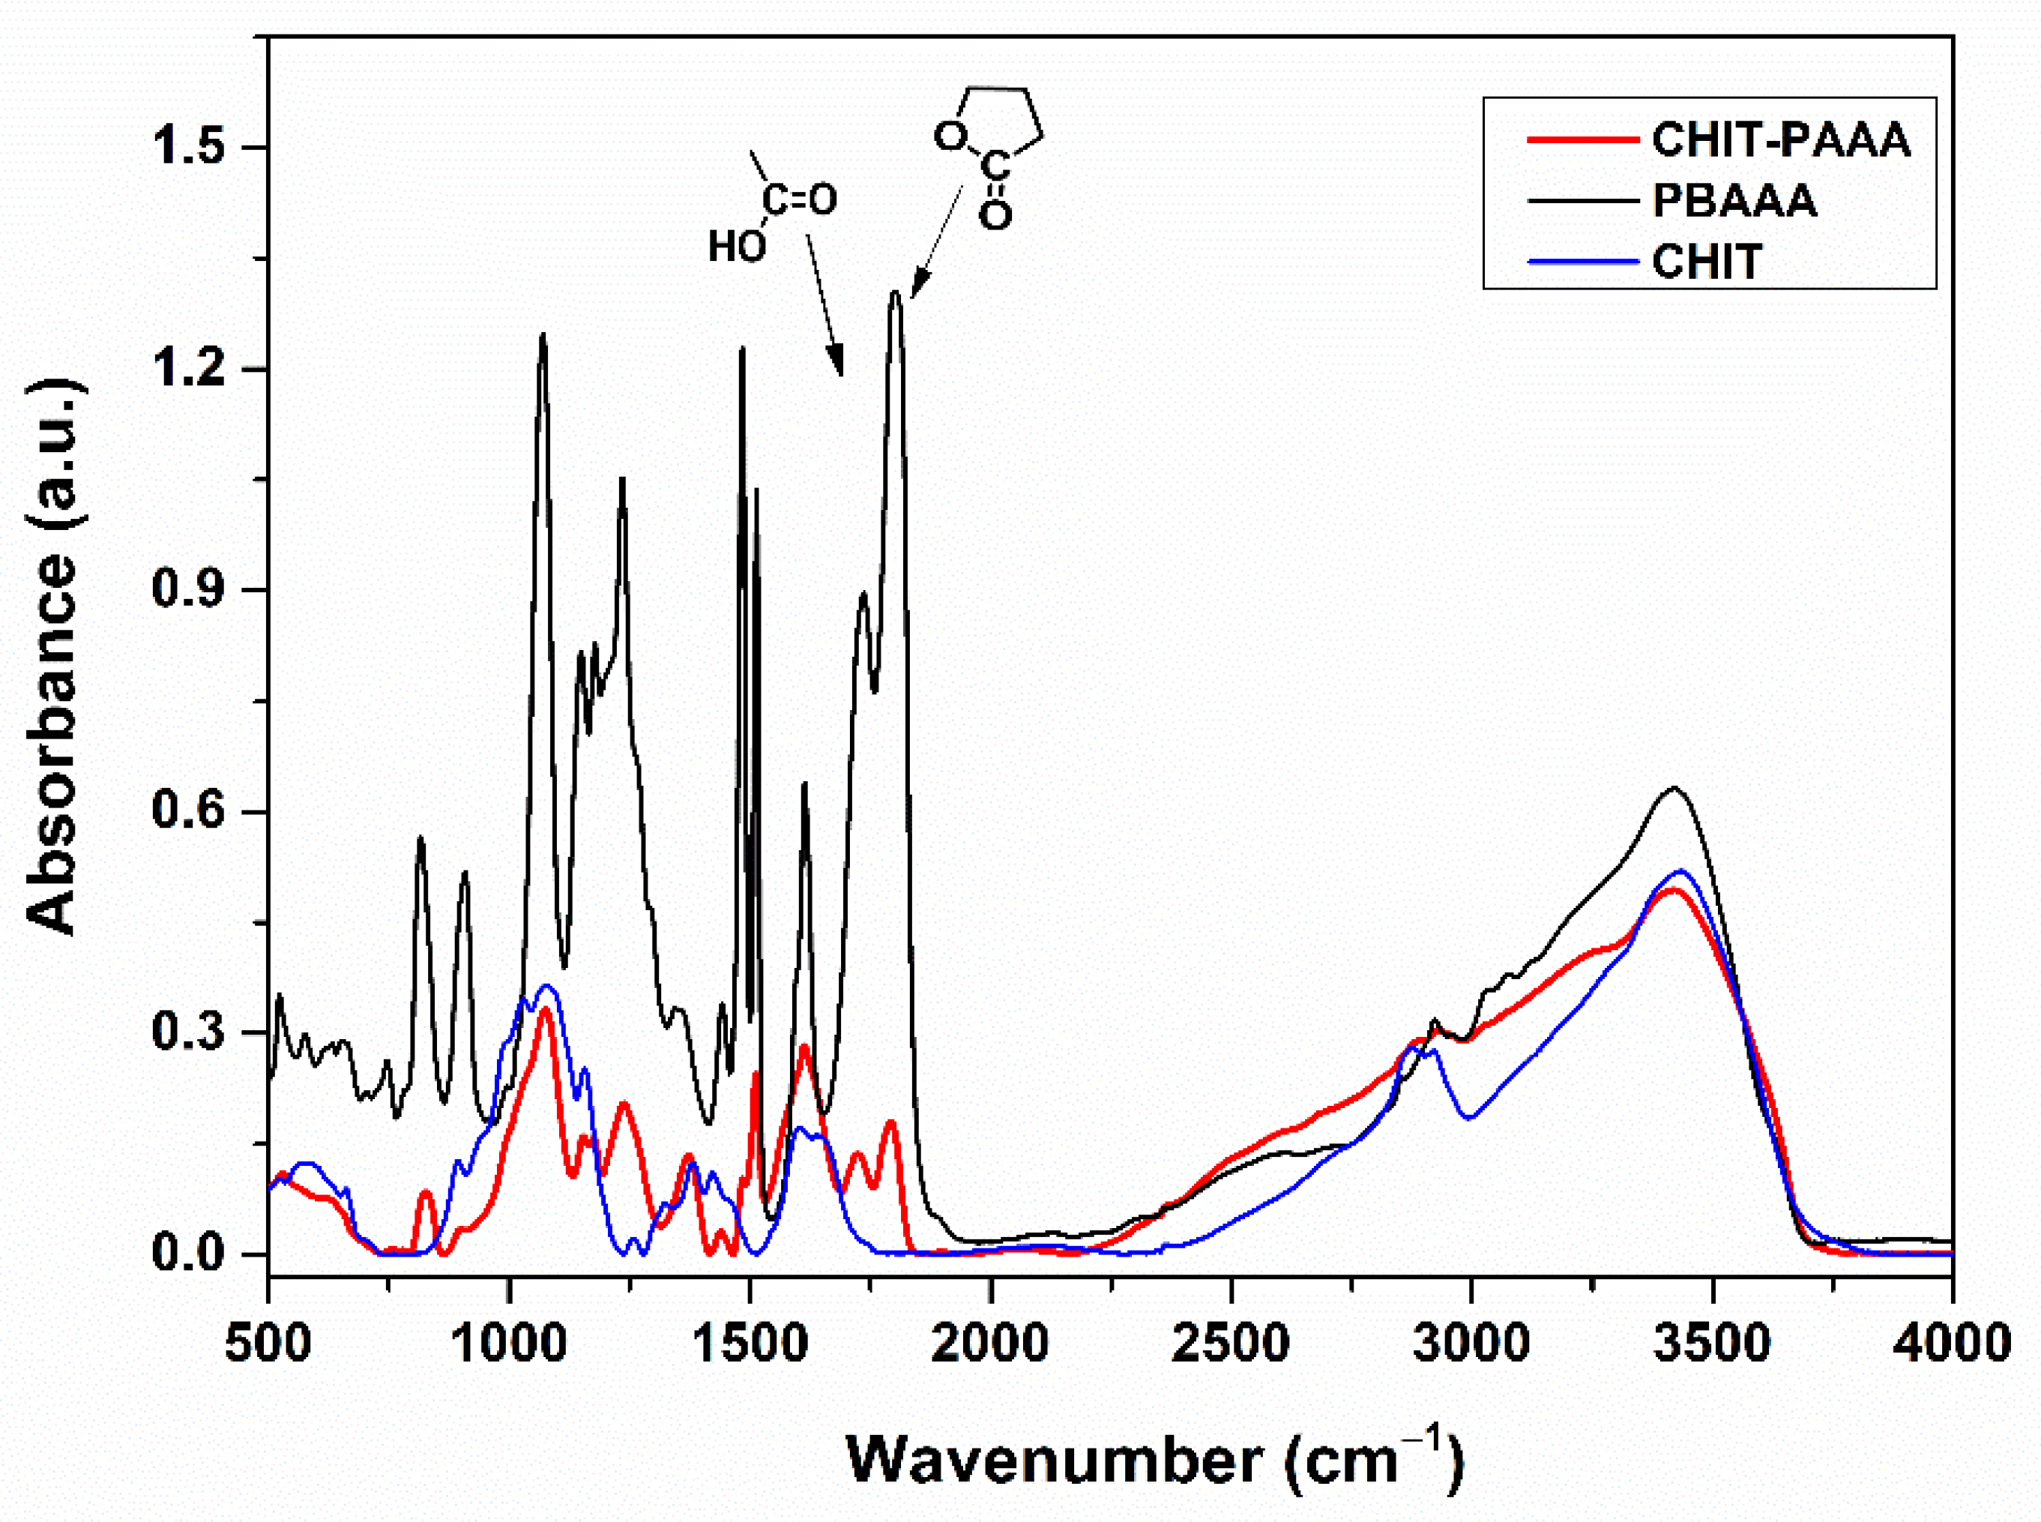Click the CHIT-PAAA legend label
click(1780, 140)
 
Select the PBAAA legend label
click(1734, 201)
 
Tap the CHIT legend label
click(1707, 262)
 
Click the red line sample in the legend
click(1582, 140)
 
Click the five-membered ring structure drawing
click(990, 152)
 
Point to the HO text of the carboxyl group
click(736, 247)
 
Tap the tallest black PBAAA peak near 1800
click(894, 293)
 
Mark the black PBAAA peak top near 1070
click(543, 335)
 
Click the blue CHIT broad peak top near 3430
click(1681, 870)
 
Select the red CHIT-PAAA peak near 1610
click(804, 1047)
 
